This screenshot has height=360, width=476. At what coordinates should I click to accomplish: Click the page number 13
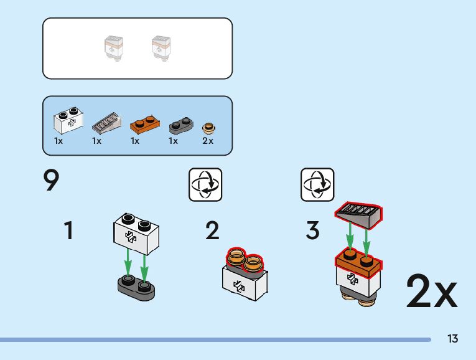(452, 339)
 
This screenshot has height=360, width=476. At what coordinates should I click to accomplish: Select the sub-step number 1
(68, 231)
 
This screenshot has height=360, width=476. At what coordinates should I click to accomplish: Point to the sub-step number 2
(212, 231)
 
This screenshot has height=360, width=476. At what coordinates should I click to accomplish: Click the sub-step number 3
(312, 231)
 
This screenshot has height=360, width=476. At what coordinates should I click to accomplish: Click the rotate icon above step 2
(205, 185)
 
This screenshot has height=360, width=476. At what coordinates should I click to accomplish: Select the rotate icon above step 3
(317, 185)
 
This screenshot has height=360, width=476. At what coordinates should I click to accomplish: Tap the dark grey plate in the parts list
(181, 124)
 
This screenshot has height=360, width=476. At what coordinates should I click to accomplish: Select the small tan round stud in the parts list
(209, 127)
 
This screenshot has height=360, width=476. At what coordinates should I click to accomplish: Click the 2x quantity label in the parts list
(208, 141)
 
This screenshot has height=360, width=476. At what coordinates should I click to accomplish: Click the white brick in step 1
(135, 232)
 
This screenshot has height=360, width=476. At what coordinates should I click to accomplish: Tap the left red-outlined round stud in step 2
(236, 257)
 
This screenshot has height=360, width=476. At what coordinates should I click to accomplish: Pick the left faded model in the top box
(114, 48)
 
